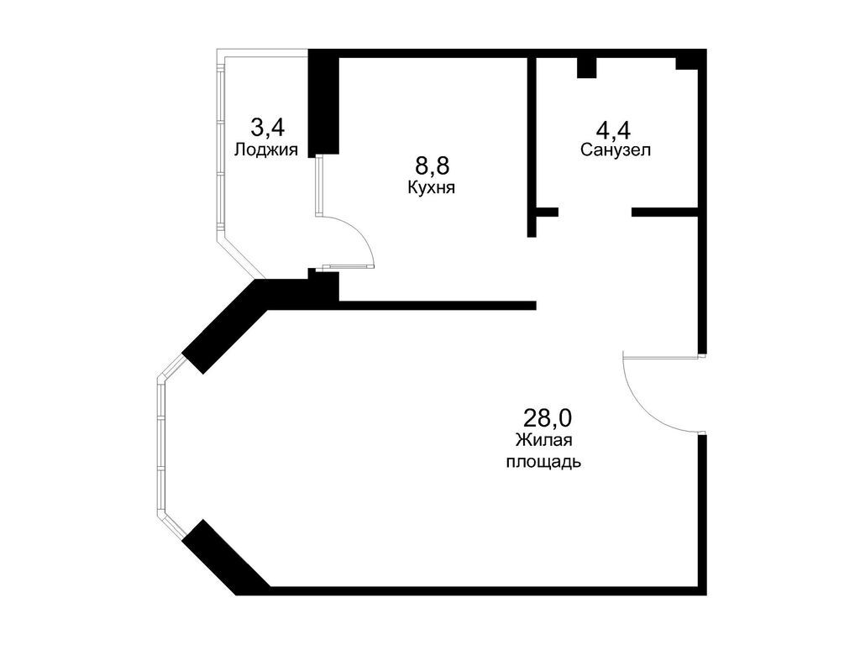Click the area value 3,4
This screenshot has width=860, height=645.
click(x=267, y=128)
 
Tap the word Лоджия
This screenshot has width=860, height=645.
click(x=267, y=150)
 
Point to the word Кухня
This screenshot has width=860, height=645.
click(x=431, y=188)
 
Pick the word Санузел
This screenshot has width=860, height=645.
click(x=616, y=150)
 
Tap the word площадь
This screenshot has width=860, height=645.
click(x=543, y=462)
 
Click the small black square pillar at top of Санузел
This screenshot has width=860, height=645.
click(x=586, y=67)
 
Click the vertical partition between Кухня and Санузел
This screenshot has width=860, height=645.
click(x=532, y=143)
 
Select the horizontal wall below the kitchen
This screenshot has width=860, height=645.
click(x=437, y=305)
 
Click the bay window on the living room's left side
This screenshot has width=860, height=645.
click(x=160, y=445)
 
